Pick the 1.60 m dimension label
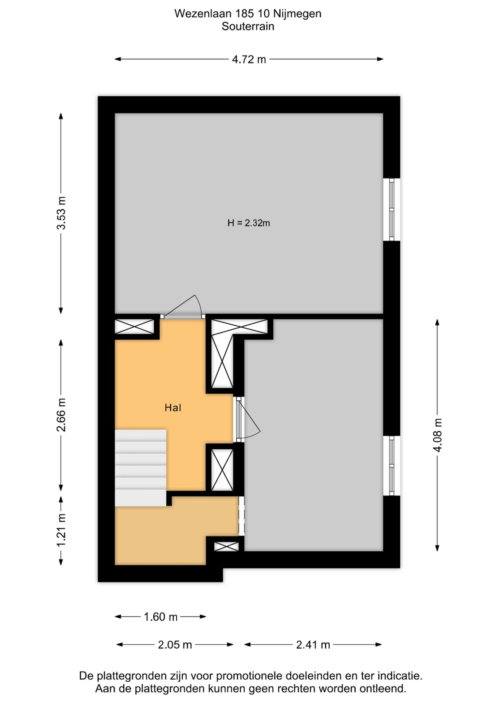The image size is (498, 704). point(161,617)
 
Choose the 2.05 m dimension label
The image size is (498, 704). point(175,645)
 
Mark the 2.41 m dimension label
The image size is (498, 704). point(313,645)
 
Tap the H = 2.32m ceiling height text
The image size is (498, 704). point(248,223)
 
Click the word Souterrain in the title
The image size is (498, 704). point(248,26)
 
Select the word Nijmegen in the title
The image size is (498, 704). point(297,13)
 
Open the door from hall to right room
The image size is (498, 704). point(247,419)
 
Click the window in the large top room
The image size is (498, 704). point(392,210)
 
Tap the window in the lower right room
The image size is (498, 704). point(392,466)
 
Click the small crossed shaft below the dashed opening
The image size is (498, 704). point(226,546)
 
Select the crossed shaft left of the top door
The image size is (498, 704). point(134,326)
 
